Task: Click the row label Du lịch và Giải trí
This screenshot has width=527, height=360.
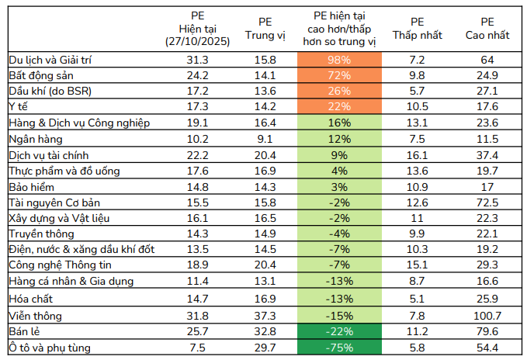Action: (x=53, y=60)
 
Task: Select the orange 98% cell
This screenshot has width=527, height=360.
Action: (x=338, y=60)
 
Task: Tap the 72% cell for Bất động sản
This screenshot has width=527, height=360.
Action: (x=338, y=76)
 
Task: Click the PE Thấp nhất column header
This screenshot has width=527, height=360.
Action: (x=417, y=29)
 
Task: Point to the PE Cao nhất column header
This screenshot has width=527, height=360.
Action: (x=487, y=29)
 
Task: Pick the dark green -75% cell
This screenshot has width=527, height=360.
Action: (x=338, y=348)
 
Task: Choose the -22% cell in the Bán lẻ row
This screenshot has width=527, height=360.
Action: (x=338, y=331)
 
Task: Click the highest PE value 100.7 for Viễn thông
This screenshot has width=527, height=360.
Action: (x=487, y=316)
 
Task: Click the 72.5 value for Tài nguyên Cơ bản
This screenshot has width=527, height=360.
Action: (x=487, y=202)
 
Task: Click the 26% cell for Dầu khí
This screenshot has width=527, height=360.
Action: (x=338, y=92)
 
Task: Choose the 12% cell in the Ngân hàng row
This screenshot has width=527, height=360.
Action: (x=338, y=139)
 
